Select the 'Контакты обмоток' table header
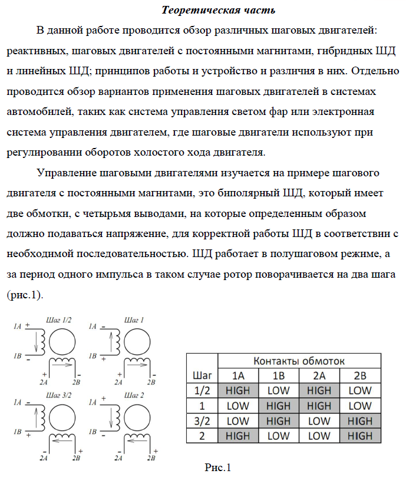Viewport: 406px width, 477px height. click(299, 360)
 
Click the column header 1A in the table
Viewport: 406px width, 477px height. click(238, 376)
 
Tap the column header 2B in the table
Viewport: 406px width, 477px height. click(359, 376)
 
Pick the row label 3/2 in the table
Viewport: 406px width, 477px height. click(202, 421)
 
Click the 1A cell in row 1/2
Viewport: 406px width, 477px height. click(238, 390)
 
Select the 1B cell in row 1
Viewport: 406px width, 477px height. click(278, 406)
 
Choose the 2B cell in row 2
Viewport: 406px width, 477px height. click(359, 436)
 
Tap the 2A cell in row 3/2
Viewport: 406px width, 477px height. click(319, 421)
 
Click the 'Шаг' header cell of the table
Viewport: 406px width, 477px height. click(202, 375)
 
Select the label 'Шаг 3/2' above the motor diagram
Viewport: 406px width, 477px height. click(58, 394)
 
